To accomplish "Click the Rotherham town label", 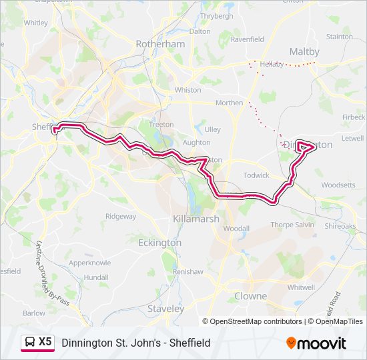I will point(160,43).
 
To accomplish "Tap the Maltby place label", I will point(304,51).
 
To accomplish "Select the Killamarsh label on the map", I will point(196,219).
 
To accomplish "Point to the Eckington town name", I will point(159,243).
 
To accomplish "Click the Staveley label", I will point(165,309).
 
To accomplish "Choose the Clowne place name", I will point(250,295).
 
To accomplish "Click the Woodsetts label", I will point(339,185).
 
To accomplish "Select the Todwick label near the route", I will point(256,175).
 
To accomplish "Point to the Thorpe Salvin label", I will point(292,225).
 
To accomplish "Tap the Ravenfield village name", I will point(247,39).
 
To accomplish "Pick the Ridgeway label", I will point(120,216).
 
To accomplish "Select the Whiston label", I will point(188,89).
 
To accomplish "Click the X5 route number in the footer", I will point(45,341).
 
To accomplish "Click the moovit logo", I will point(316,343).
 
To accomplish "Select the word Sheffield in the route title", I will point(190,343).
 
